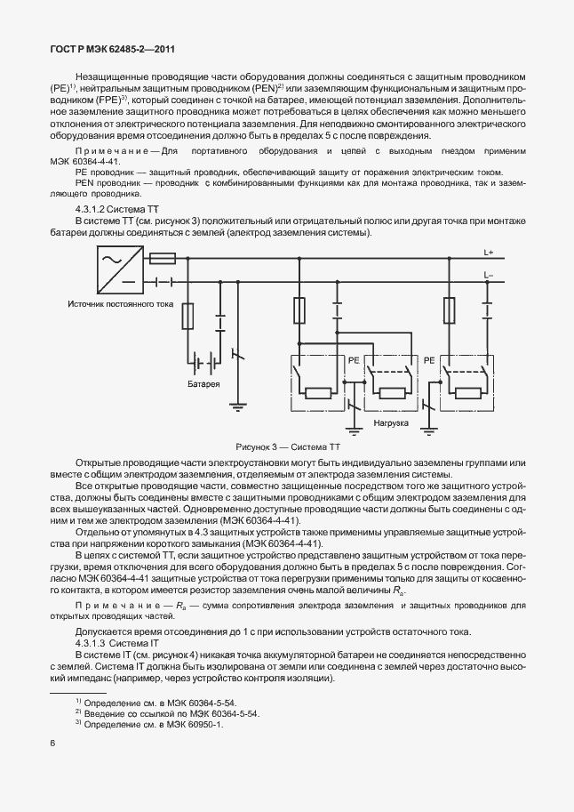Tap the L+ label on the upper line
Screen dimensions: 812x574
click(x=490, y=252)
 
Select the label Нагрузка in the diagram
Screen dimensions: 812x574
click(x=390, y=423)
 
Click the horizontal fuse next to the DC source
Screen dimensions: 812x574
click(x=163, y=259)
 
